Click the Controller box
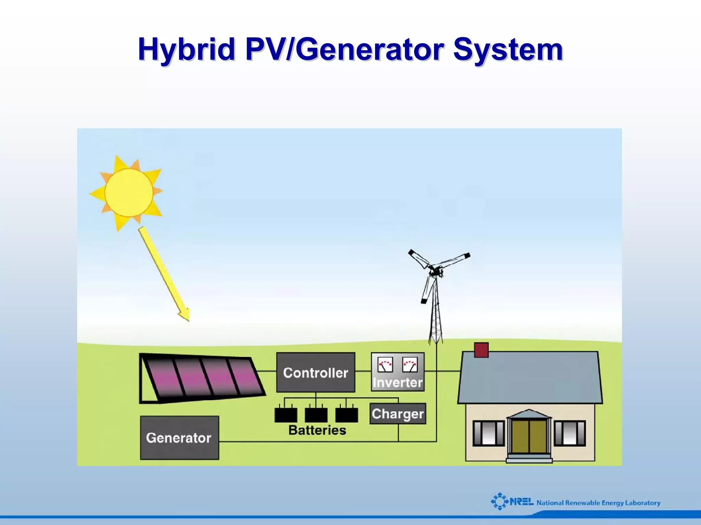(316, 372)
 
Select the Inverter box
(398, 372)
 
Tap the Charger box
(398, 414)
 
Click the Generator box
(179, 438)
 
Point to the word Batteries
(317, 430)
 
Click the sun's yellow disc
(129, 192)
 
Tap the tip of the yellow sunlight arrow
(188, 320)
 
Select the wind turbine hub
(435, 272)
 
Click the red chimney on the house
(481, 350)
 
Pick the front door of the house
(529, 436)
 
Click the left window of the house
(488, 433)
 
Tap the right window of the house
(570, 433)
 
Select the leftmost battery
(286, 415)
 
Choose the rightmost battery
(346, 415)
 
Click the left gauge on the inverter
(385, 365)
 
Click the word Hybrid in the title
(186, 50)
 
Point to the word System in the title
(508, 50)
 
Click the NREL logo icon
(500, 501)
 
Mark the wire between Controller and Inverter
(363, 371)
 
